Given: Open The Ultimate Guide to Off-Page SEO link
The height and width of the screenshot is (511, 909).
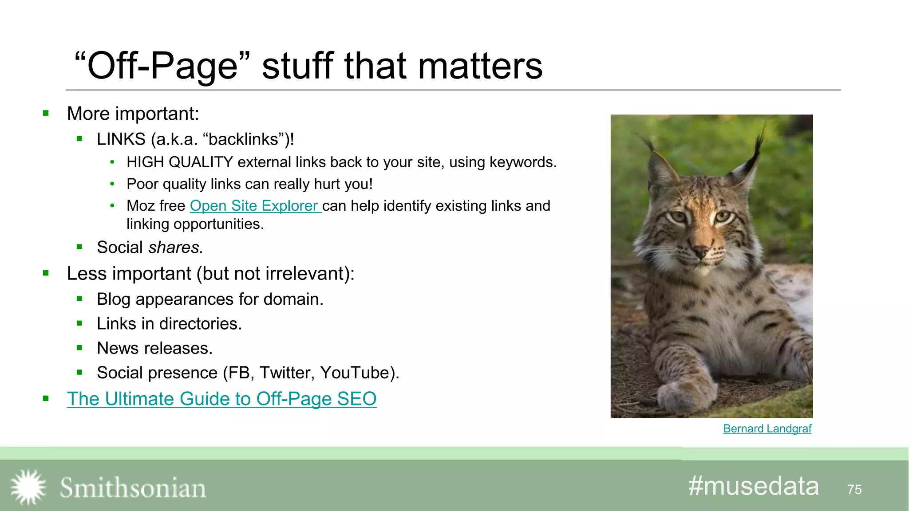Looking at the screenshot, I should [221, 399].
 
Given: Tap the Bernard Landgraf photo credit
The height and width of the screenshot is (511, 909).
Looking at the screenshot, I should [767, 428].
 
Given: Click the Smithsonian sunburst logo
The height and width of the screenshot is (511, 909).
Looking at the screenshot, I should [28, 487].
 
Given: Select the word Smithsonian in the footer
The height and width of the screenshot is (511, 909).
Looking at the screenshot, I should [133, 488].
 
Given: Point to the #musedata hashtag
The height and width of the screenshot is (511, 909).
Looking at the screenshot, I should [753, 486].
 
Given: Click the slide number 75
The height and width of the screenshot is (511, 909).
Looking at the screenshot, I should [854, 489].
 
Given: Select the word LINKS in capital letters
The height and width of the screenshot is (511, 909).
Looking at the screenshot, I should [121, 139].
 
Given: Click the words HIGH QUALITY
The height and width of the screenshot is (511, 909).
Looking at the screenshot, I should [179, 162].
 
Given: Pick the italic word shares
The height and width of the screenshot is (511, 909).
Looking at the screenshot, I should [175, 248].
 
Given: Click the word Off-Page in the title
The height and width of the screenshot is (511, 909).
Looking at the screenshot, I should [162, 66].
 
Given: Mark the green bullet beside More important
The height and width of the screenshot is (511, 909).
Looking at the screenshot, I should [46, 114].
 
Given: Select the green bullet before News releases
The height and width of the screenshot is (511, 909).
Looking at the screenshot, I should [79, 348].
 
